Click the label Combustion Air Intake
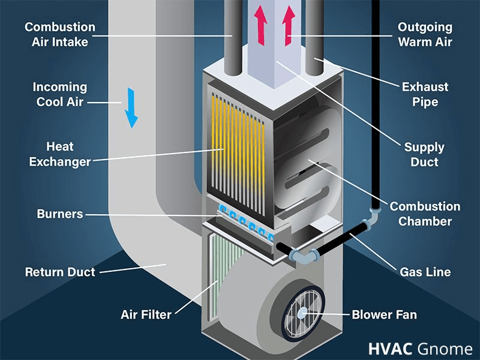point(60,35)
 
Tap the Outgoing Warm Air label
point(425,35)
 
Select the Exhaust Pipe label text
point(425,95)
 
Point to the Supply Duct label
point(425,155)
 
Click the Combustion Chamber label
point(425,214)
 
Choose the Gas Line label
point(425,272)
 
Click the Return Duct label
point(60,272)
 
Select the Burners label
point(60,214)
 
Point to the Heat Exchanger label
point(60,154)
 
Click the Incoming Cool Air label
point(60,95)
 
